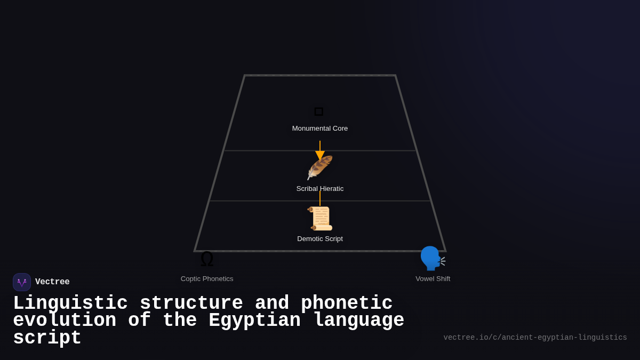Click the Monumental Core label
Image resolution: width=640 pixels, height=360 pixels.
(320, 129)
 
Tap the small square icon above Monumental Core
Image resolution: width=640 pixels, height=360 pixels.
(319, 111)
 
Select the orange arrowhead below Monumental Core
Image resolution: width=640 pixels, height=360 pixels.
(320, 155)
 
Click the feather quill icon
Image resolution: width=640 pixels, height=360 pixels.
(320, 167)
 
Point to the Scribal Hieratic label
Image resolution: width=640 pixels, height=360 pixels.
(320, 189)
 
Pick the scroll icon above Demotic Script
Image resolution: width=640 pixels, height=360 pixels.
(320, 218)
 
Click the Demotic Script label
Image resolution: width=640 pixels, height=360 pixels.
(320, 239)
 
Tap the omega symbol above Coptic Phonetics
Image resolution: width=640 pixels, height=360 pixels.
(207, 259)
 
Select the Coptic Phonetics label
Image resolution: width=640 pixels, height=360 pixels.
(207, 279)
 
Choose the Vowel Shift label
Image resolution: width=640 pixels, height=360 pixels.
(433, 279)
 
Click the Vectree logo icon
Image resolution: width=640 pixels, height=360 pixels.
(22, 282)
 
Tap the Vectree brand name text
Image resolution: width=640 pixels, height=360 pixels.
(52, 282)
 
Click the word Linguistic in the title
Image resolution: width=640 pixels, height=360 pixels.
(70, 303)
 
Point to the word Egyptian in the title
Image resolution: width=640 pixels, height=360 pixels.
(255, 321)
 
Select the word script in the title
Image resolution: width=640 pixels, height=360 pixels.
(47, 338)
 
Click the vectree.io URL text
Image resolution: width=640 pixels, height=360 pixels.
(535, 338)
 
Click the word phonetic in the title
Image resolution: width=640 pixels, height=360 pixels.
(347, 303)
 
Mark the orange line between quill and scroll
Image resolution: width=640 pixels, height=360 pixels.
(320, 198)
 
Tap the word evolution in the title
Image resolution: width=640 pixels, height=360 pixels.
(65, 321)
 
